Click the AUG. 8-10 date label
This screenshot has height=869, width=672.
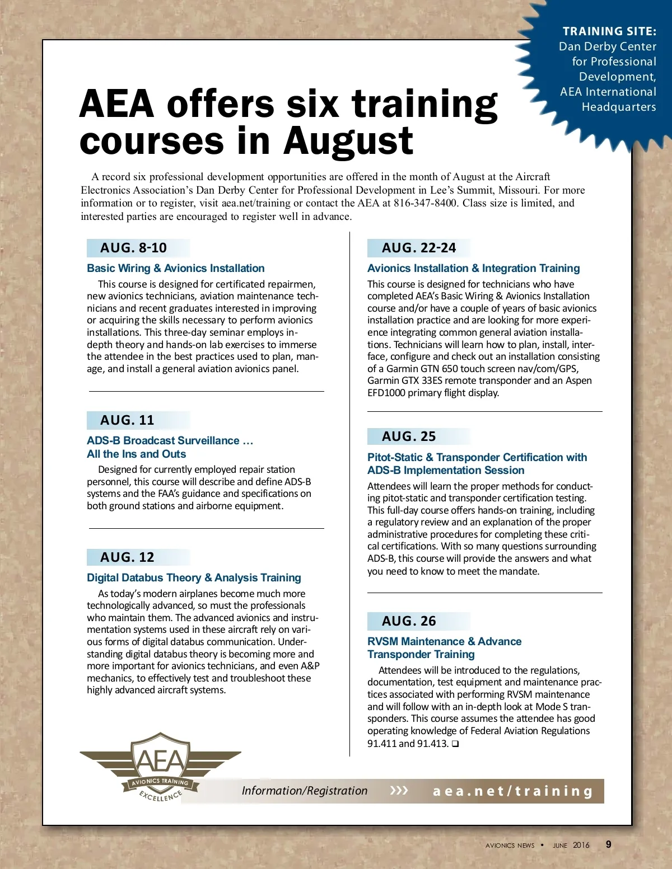133,248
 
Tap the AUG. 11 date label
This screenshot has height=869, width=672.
127,420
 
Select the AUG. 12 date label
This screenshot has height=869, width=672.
127,557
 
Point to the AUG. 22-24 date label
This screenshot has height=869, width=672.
419,248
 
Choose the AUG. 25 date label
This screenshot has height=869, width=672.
409,436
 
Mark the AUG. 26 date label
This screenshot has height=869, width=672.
409,621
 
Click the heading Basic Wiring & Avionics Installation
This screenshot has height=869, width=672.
175,268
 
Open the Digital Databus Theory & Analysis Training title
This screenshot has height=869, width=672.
194,577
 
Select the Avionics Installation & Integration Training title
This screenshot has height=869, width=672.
473,268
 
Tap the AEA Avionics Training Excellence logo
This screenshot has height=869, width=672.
161,767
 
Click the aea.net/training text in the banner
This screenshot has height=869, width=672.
512,791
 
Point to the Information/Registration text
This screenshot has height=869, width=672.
305,791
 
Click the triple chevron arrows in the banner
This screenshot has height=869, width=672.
399,791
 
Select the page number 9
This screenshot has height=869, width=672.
609,844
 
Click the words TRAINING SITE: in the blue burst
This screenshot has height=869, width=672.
609,31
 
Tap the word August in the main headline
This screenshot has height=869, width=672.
348,141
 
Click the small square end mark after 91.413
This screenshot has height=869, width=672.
455,744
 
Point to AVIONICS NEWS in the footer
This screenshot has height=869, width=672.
510,845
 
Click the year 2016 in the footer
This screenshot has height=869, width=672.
581,845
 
